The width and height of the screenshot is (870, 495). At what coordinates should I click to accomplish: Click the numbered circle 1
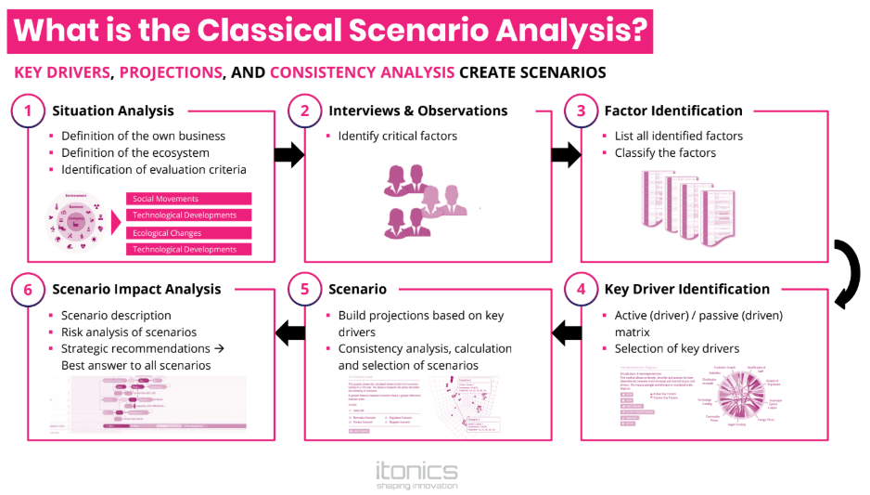pyautogui.click(x=28, y=111)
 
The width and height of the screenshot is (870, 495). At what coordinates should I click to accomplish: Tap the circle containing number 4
pyautogui.click(x=582, y=289)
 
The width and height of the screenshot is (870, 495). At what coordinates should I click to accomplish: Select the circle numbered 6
pyautogui.click(x=28, y=289)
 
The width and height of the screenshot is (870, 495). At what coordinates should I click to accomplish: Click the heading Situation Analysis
pyautogui.click(x=112, y=111)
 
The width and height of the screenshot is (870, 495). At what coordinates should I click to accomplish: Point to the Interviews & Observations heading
pyautogui.click(x=418, y=111)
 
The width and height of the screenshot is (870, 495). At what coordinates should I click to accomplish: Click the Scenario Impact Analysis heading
pyautogui.click(x=136, y=289)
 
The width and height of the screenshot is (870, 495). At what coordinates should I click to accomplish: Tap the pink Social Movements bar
pyautogui.click(x=189, y=199)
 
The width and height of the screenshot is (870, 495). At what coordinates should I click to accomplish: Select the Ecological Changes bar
pyautogui.click(x=189, y=233)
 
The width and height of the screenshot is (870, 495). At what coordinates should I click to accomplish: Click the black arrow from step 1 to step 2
pyautogui.click(x=289, y=155)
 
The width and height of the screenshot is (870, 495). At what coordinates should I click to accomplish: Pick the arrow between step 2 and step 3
pyautogui.click(x=566, y=155)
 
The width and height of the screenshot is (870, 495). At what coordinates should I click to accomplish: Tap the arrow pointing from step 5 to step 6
pyautogui.click(x=290, y=332)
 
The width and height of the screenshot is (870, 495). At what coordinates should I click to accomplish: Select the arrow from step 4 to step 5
pyautogui.click(x=566, y=332)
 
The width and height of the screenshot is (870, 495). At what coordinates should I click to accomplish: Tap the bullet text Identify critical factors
pyautogui.click(x=397, y=137)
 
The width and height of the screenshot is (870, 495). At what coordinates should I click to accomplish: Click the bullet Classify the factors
pyautogui.click(x=665, y=153)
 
